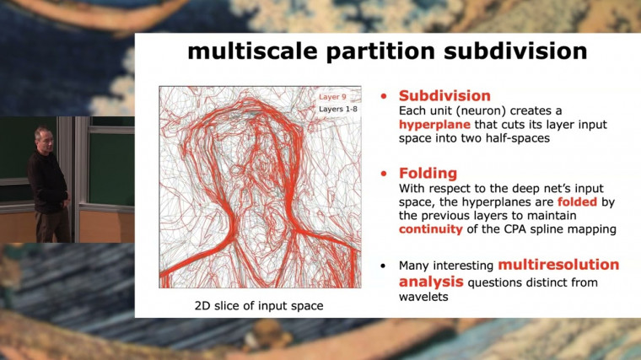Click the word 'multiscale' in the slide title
(x=244, y=51)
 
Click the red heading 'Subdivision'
(x=444, y=95)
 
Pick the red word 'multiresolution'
(x=558, y=265)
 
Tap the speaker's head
(x=42, y=137)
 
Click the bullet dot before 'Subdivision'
(x=385, y=95)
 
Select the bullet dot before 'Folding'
(x=385, y=174)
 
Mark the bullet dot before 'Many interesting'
(x=385, y=266)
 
